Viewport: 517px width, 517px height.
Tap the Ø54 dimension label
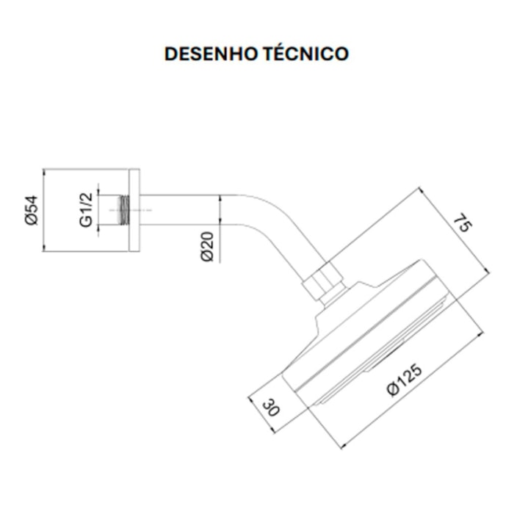coord(30,210)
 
